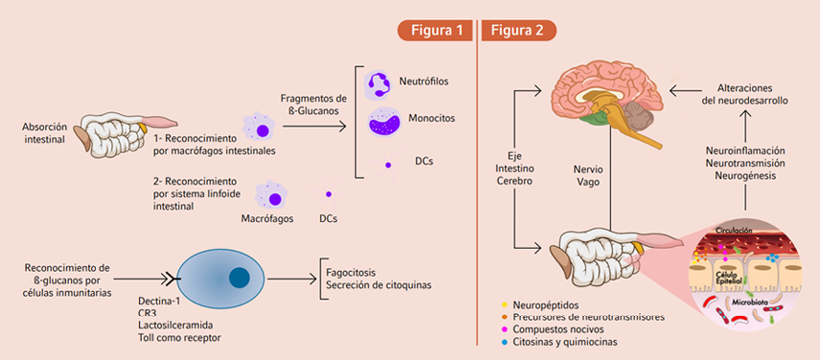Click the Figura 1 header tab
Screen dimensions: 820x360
435,31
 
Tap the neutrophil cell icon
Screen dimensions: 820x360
379,85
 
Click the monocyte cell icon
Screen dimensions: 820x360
384,122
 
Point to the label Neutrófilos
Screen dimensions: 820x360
424,81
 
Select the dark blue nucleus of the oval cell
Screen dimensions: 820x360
239,277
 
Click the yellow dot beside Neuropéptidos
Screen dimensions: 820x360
504,304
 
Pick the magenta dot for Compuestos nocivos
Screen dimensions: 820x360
504,329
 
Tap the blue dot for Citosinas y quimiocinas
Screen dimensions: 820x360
504,342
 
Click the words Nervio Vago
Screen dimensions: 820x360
585,176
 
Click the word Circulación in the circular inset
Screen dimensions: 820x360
734,230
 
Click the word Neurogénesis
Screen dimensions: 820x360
745,175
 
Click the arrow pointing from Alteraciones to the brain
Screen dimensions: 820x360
684,92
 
